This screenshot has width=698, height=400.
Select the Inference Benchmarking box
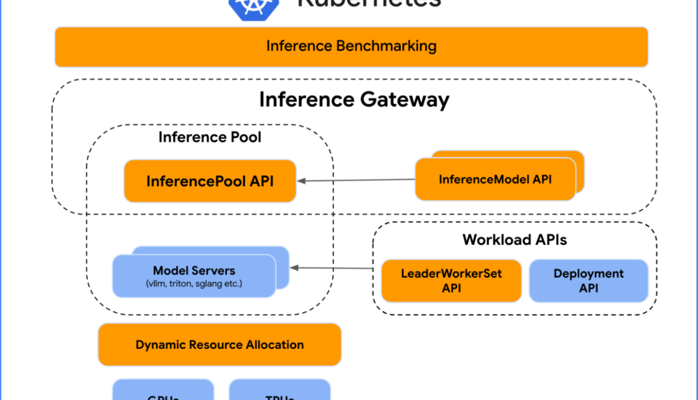[351, 46]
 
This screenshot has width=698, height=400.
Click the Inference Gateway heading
[354, 99]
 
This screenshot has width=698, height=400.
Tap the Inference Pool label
[209, 137]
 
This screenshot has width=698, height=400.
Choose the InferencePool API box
[210, 180]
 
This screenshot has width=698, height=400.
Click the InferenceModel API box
[495, 179]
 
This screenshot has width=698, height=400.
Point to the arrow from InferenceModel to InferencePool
[355, 180]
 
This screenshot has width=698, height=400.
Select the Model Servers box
[194, 275]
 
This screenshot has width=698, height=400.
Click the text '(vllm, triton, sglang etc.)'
[194, 283]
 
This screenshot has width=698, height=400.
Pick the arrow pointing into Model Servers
[331, 268]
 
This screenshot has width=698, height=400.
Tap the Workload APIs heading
[514, 239]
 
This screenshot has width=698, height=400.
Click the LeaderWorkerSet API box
[451, 281]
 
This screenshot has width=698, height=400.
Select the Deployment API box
[588, 281]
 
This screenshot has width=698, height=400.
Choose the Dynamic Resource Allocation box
[220, 345]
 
